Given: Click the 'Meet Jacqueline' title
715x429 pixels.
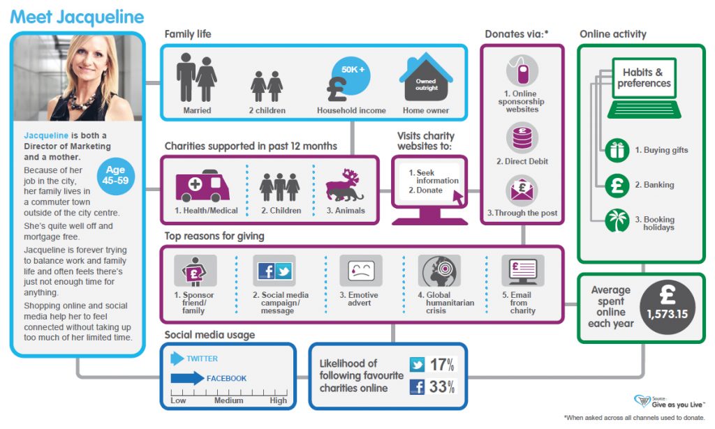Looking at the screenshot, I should point(77,17).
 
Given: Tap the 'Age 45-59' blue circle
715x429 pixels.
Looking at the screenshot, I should point(115,176).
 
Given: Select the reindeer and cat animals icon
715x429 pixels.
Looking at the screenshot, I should point(346,185).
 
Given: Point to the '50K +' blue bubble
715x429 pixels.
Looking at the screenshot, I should point(353,70).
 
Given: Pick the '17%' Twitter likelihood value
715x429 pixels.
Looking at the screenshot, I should point(441,364).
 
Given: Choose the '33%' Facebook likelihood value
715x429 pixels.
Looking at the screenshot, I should point(441,386).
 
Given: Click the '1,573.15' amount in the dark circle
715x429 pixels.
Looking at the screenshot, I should point(667,314).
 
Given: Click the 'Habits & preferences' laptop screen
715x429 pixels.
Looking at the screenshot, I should point(643,78).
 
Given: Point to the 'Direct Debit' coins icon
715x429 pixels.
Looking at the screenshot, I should point(522,137).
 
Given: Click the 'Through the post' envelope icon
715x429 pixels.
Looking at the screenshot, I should point(522,190).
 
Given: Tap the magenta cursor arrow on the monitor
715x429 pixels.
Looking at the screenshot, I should point(459,197).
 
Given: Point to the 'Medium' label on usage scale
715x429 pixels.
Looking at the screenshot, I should point(228,401).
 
